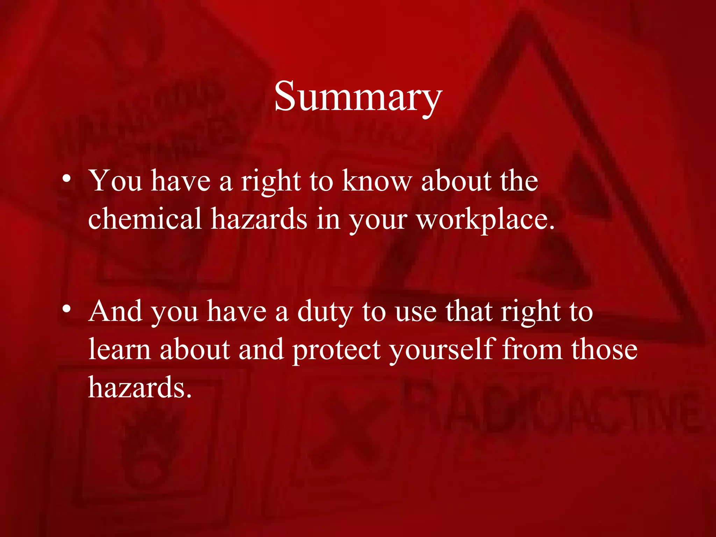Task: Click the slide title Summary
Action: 358,96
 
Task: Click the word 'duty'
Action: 324,312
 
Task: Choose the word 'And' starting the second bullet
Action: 115,311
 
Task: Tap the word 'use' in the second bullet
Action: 416,312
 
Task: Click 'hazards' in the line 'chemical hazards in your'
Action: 259,219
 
